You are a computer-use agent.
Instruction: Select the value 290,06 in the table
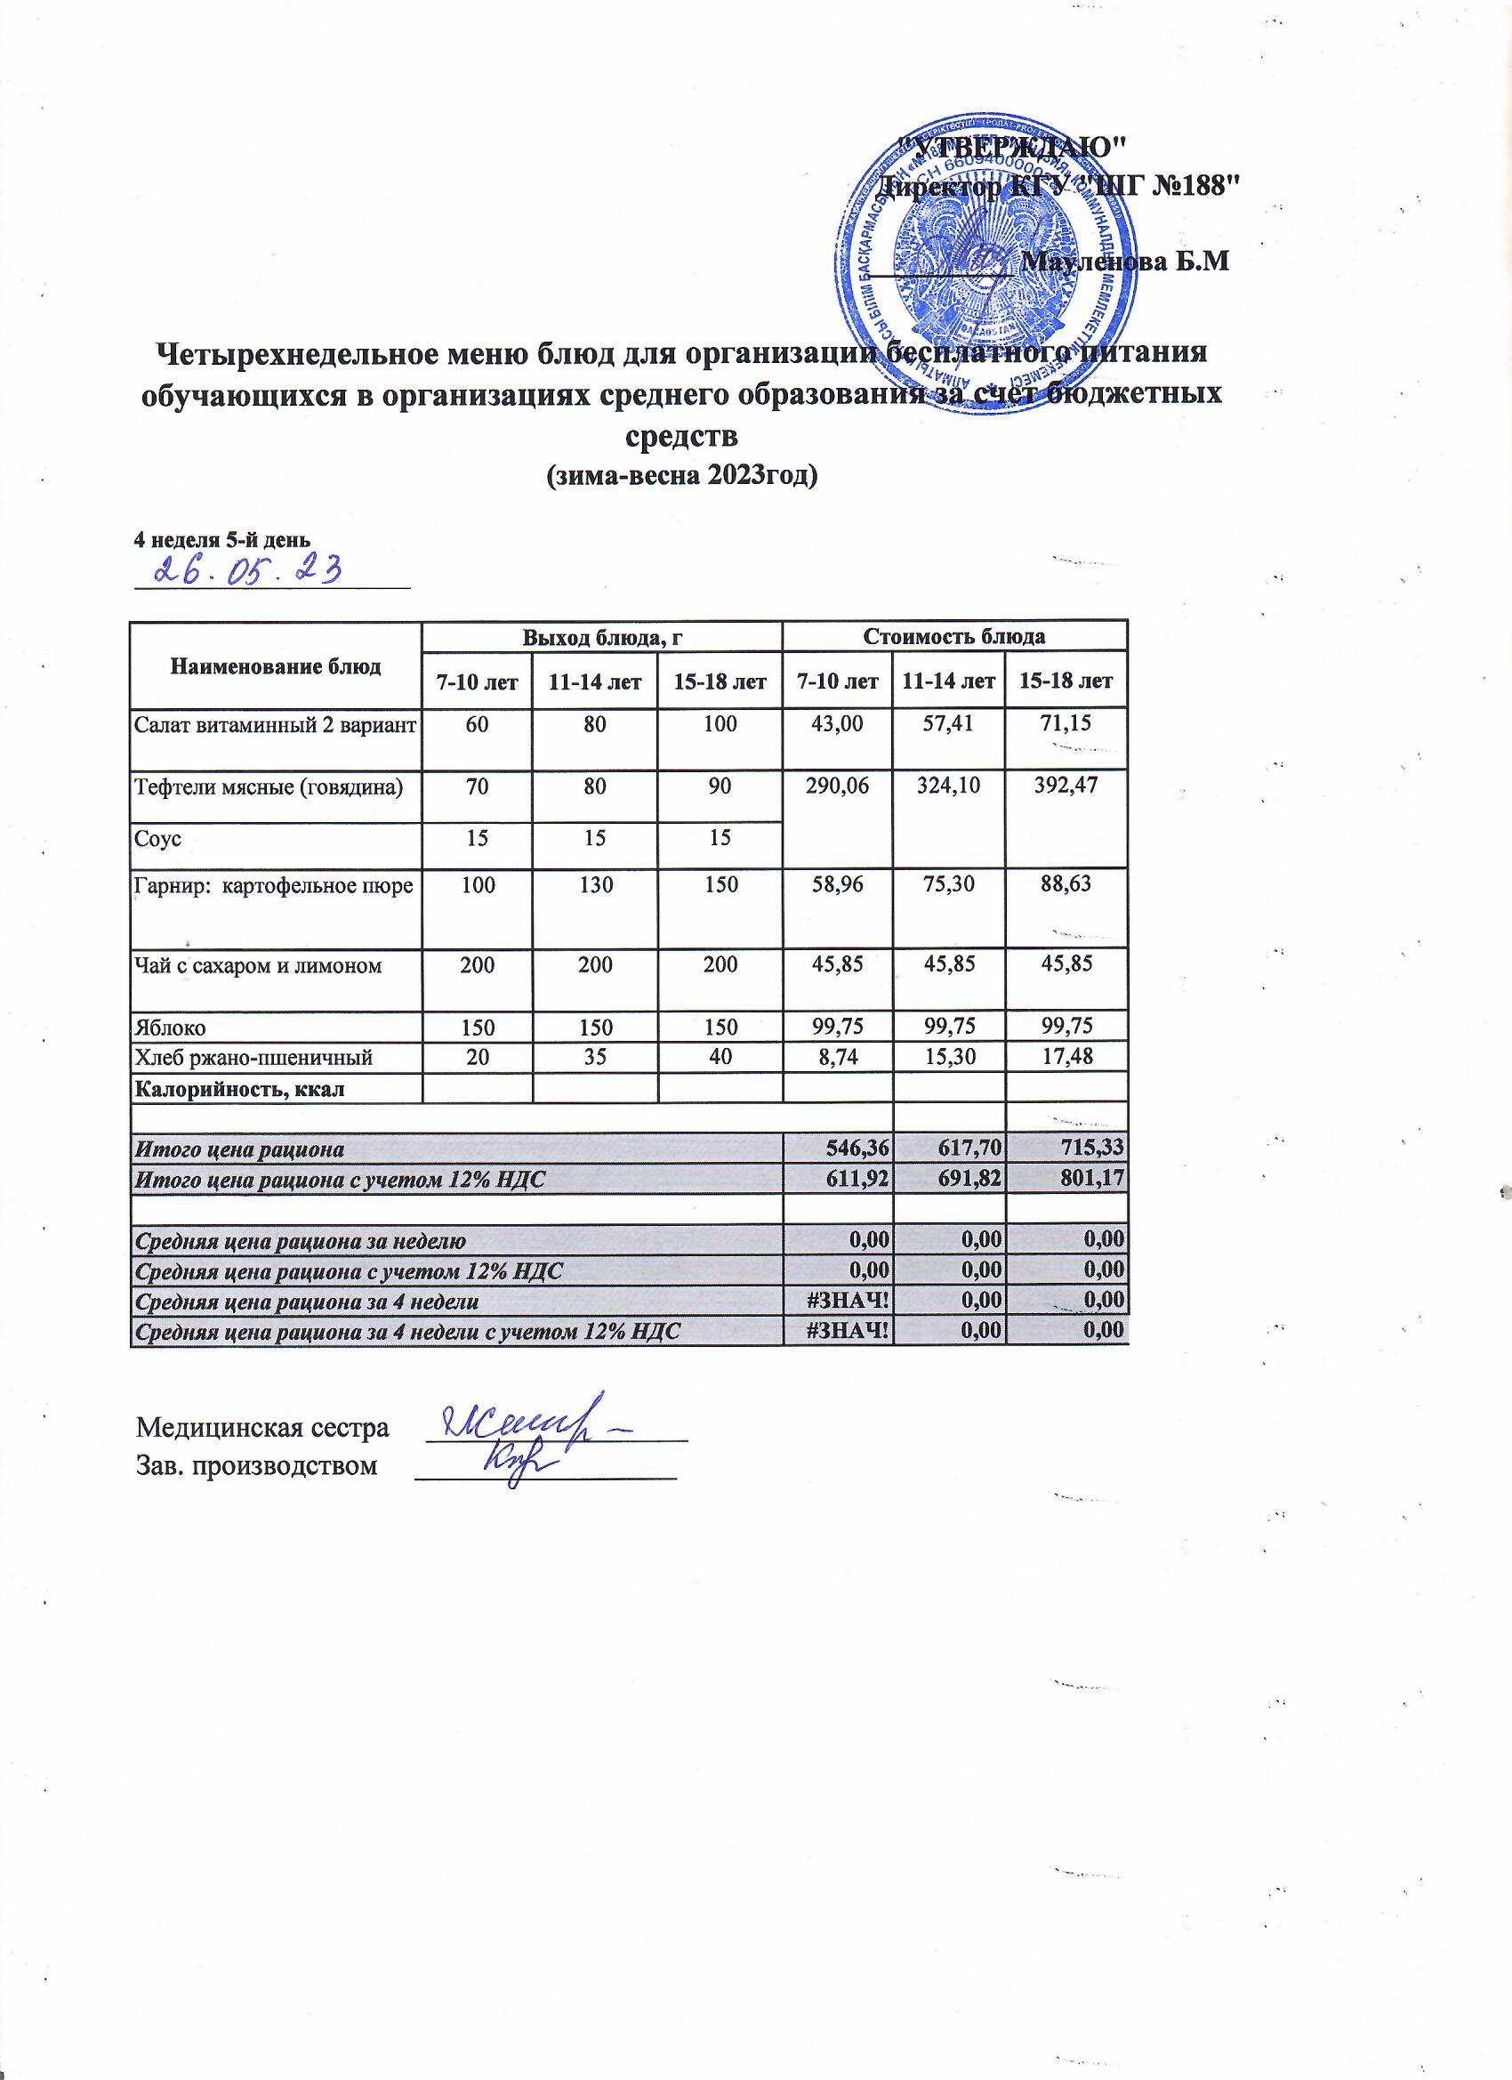(837, 784)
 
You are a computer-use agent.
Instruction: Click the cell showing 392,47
(1066, 784)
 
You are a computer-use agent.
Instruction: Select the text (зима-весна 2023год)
(680, 475)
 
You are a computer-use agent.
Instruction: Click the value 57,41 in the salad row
(949, 723)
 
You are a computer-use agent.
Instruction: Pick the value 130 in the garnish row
(596, 886)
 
